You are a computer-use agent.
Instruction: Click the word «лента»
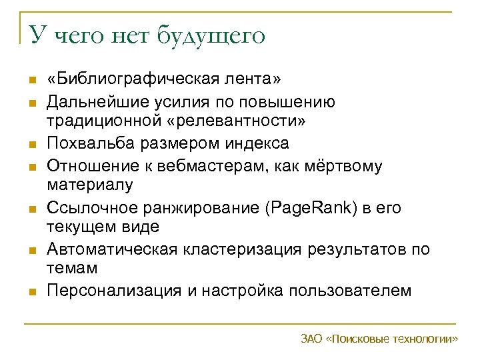[x=252, y=81]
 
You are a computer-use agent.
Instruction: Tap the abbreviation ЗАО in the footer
[x=312, y=339]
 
